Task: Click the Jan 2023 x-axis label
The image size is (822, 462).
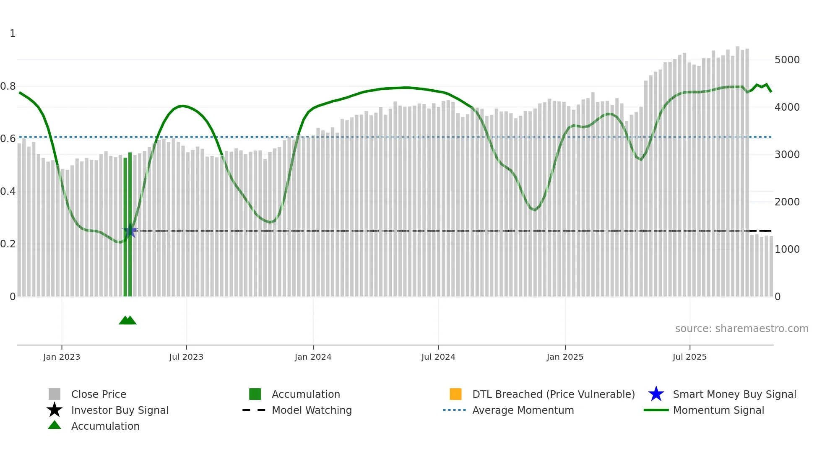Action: coord(62,357)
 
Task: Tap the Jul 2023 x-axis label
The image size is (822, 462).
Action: coord(186,357)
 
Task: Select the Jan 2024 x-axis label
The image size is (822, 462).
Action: coord(313,357)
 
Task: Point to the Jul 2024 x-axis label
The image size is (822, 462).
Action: coord(438,357)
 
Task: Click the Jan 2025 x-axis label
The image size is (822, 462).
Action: coord(565,357)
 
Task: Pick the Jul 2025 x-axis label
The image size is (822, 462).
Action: coord(689,357)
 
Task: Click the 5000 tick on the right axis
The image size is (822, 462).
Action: coord(787,60)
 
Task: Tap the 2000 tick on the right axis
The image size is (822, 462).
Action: coord(787,202)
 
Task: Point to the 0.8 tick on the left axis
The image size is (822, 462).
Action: coord(8,86)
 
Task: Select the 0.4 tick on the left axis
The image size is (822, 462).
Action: coord(8,192)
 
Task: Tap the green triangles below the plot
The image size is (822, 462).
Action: coord(127,320)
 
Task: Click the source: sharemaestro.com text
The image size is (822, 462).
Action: coord(741,329)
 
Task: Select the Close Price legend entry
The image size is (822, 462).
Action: coord(99,395)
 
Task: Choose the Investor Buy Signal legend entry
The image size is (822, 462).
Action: coord(120,410)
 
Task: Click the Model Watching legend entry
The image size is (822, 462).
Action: coord(312,410)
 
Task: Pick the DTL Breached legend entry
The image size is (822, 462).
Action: coord(553,395)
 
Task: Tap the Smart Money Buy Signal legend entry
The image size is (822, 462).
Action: coord(734,395)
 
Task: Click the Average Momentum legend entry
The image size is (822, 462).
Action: coord(523,410)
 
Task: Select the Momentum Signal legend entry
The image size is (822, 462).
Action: coord(718,410)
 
